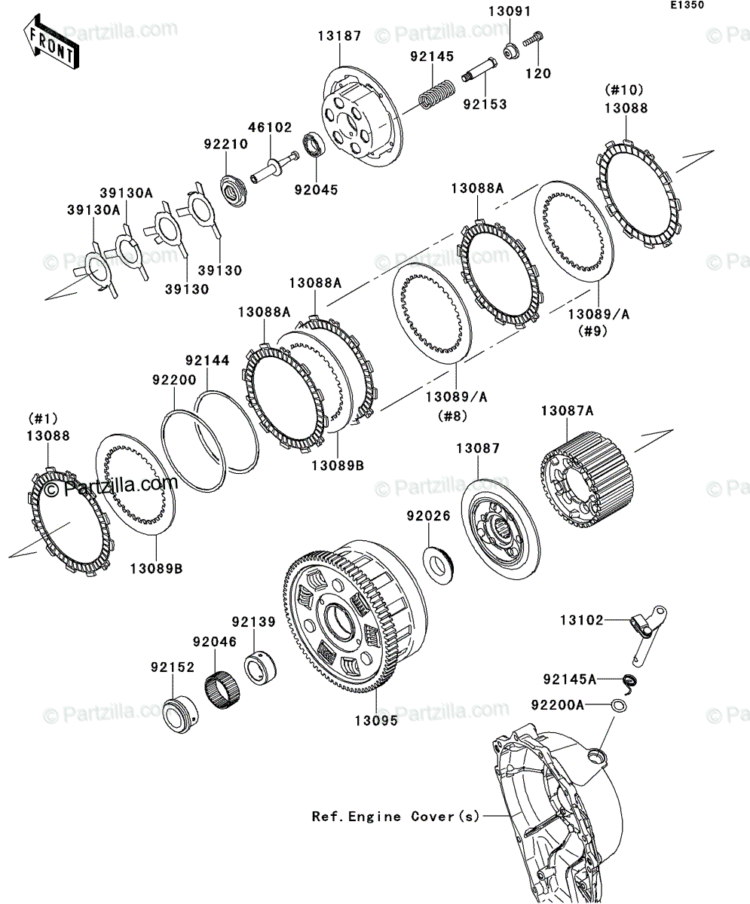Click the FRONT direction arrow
51,41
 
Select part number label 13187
339,36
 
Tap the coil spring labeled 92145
436,93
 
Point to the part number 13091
510,11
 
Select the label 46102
270,127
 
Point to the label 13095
376,721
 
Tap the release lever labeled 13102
648,635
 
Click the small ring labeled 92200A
619,706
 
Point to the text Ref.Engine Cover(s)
396,817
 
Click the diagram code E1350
687,5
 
